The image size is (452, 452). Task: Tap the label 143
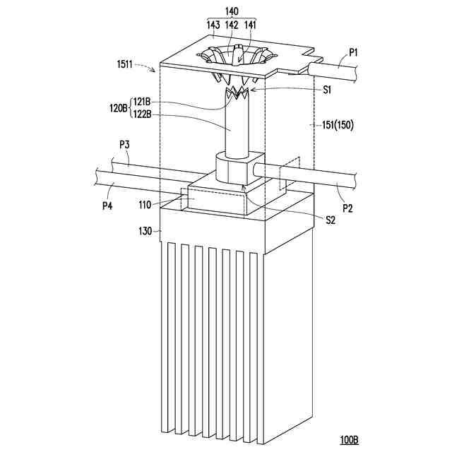pyautogui.click(x=213, y=25)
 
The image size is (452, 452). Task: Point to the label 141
pyautogui.click(x=250, y=25)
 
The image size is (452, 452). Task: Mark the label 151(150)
pyautogui.click(x=336, y=126)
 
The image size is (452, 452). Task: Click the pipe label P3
pyautogui.click(x=124, y=145)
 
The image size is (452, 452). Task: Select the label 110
pyautogui.click(x=145, y=205)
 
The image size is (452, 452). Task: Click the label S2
pyautogui.click(x=330, y=220)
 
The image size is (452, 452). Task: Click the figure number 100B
pyautogui.click(x=348, y=440)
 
